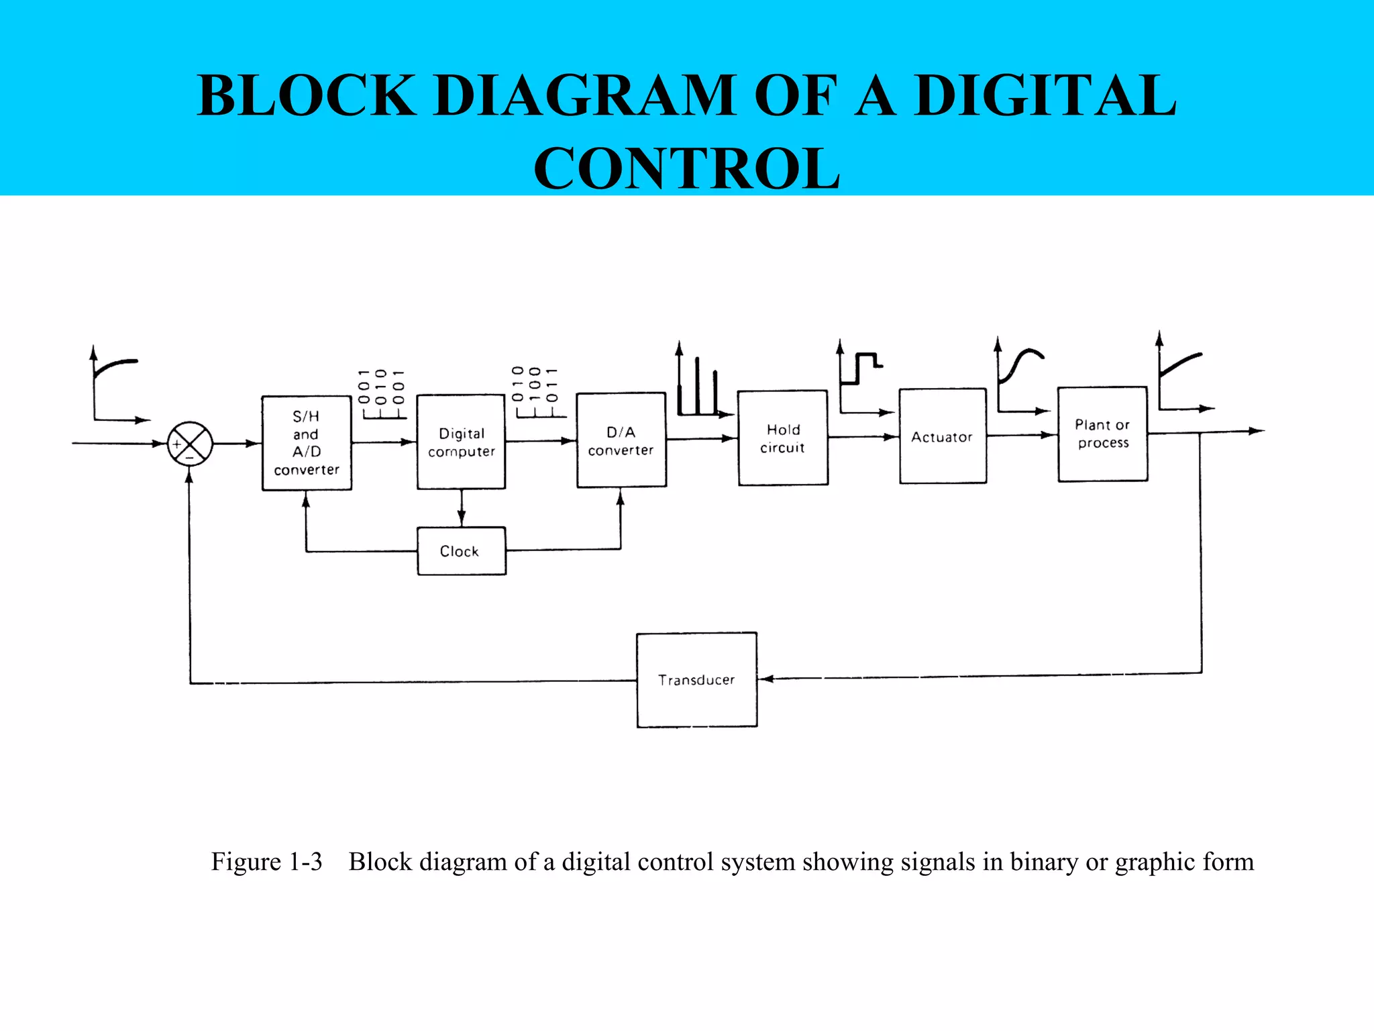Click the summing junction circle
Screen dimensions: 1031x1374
click(x=190, y=444)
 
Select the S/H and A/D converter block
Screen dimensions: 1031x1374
click(x=307, y=443)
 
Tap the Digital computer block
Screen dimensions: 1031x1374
click(x=461, y=442)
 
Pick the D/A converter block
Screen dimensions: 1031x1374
click(x=621, y=440)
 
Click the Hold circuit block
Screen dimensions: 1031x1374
click(x=783, y=438)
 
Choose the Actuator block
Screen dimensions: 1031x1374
click(x=943, y=436)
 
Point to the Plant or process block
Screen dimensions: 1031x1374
click(x=1102, y=434)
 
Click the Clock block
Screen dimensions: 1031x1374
click(x=461, y=551)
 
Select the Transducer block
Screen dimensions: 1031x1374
click(x=696, y=680)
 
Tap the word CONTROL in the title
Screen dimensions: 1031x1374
click(x=686, y=169)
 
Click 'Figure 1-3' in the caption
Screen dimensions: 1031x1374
click(x=266, y=862)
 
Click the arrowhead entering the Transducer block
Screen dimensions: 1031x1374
click(x=766, y=679)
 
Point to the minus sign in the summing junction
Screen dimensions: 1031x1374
click(x=190, y=457)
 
